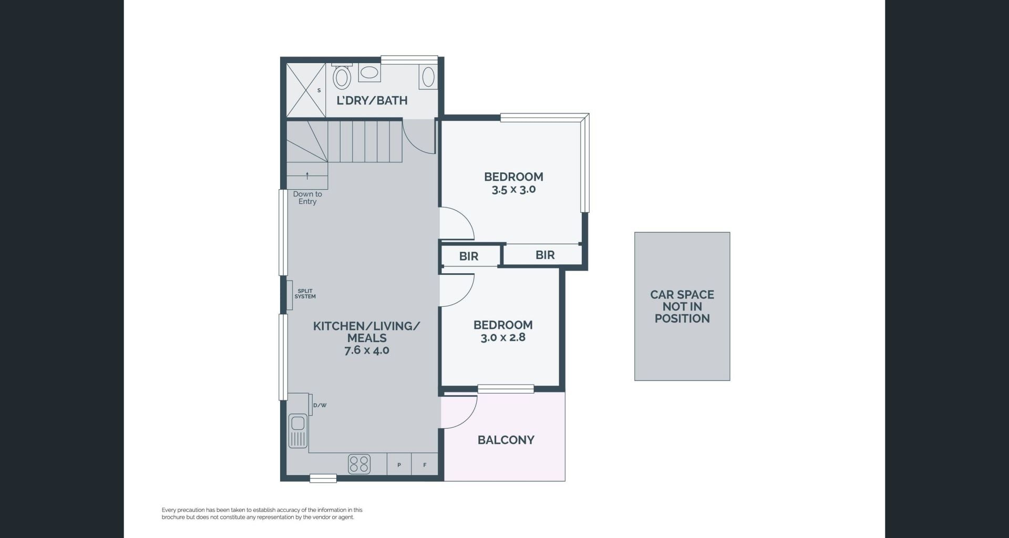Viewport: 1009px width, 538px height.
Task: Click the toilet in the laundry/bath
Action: (x=342, y=76)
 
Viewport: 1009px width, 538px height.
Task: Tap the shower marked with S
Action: (x=306, y=90)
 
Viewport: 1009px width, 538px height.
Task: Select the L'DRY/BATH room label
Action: (x=372, y=100)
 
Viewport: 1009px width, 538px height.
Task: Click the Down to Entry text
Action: (x=307, y=198)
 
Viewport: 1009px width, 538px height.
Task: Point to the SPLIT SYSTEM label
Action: (x=305, y=294)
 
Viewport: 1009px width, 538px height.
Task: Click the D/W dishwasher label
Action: (x=320, y=405)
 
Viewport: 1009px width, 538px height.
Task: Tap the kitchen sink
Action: (x=298, y=431)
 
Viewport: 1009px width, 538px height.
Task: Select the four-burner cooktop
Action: (x=359, y=464)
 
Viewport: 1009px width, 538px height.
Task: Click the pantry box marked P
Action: (x=399, y=464)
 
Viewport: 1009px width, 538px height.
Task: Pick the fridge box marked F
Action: (x=425, y=464)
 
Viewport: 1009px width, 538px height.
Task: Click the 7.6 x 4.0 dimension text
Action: (x=367, y=350)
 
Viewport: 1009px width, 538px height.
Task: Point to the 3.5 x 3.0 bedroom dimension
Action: (x=513, y=190)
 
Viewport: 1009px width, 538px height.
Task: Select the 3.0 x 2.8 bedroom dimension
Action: (x=503, y=337)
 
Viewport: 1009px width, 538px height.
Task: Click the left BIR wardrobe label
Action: (x=469, y=256)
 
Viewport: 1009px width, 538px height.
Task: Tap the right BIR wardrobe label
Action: (x=545, y=255)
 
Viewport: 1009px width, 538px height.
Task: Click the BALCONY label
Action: (x=506, y=440)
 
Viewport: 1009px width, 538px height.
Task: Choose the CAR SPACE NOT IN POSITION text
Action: (x=682, y=306)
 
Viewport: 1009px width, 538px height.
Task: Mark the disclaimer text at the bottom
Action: (x=262, y=513)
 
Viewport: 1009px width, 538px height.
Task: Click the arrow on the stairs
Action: (x=307, y=175)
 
